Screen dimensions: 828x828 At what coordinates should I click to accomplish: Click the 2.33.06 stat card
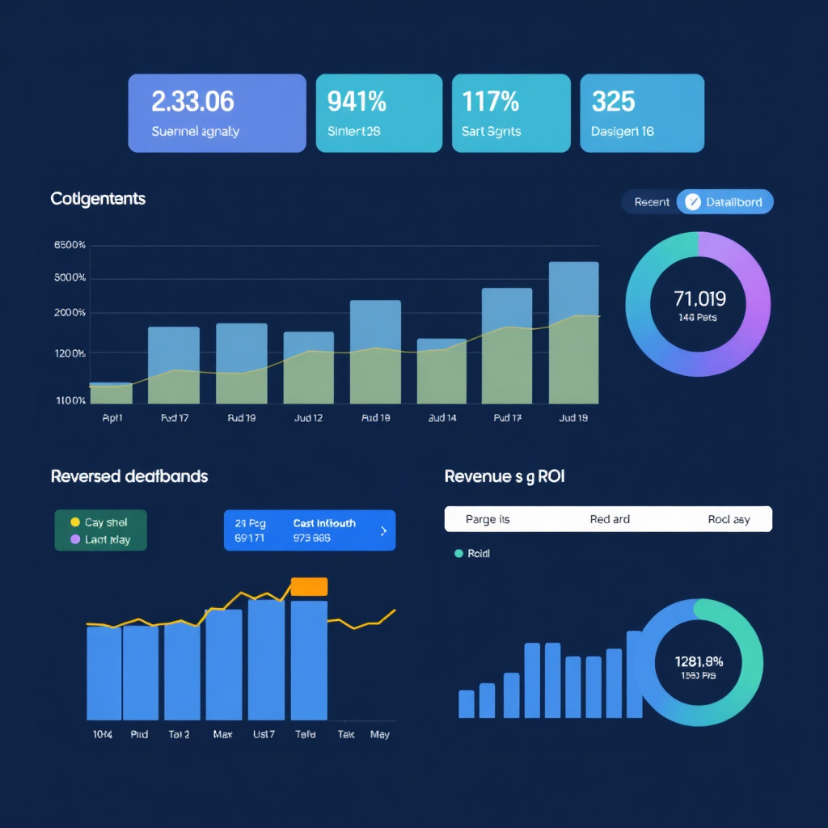pos(217,113)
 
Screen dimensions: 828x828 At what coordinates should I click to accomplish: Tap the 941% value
pos(357,102)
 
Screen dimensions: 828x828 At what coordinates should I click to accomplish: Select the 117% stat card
pos(511,113)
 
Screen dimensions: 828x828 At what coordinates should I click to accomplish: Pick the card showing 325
pos(642,113)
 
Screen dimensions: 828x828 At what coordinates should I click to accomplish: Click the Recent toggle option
pos(652,202)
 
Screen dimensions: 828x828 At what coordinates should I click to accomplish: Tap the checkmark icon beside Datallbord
pos(692,202)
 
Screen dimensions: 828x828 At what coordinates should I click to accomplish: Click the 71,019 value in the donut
pos(699,299)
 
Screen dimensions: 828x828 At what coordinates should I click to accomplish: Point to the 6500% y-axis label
pos(70,245)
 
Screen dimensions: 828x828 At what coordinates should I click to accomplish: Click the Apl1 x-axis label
pos(112,418)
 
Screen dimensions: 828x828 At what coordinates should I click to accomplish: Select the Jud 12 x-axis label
pos(307,418)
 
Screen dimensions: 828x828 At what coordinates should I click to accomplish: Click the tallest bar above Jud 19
pos(573,332)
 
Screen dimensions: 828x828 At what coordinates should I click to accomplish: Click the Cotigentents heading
pos(98,198)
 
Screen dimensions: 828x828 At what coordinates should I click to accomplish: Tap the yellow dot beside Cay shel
pos(75,522)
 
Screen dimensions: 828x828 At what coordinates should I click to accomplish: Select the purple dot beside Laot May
pos(75,539)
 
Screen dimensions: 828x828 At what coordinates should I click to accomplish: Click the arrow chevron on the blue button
pos(383,531)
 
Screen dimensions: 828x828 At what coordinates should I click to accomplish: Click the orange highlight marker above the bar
pos(309,586)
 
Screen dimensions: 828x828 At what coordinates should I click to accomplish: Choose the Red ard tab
pos(610,519)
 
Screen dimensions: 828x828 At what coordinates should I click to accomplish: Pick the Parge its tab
pos(488,519)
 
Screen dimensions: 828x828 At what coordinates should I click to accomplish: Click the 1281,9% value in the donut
pos(698,661)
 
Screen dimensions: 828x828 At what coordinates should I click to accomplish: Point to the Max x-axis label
pos(223,734)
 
